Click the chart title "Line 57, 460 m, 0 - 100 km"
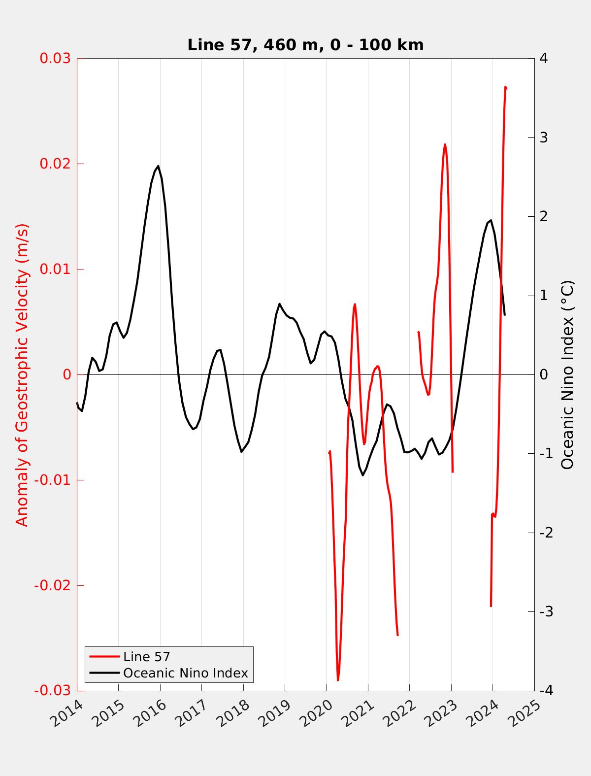point(305,45)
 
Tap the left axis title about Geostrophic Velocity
point(23,374)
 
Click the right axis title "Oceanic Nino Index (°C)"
point(567,374)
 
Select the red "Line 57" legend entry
point(146,657)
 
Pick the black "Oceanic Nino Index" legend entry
point(185,673)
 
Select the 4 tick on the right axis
point(544,58)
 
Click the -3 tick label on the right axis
point(546,611)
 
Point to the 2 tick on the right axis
point(544,216)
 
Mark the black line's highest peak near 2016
point(158,166)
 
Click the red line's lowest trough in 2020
point(338,680)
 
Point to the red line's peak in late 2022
point(445,144)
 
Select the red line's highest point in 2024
point(505,87)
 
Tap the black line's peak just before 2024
point(491,220)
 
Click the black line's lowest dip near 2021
point(363,475)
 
